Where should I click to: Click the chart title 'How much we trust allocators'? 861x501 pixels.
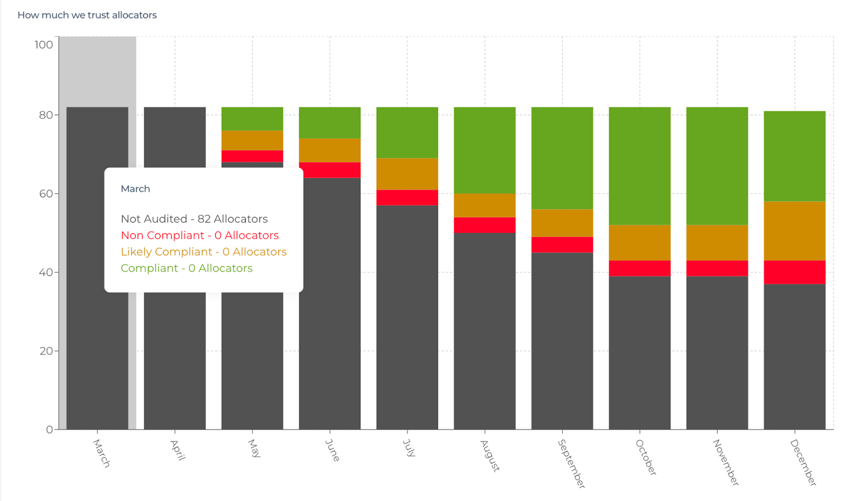click(x=87, y=15)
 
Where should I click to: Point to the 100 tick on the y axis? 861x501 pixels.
click(x=44, y=45)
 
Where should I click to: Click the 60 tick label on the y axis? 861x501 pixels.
click(x=46, y=193)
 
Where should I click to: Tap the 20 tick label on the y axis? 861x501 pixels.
click(x=46, y=351)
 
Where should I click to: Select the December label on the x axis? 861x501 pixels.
click(x=803, y=462)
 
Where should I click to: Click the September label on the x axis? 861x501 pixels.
click(x=571, y=463)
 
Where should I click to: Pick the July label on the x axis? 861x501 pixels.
click(x=410, y=448)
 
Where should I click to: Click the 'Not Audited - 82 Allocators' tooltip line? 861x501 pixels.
click(x=194, y=219)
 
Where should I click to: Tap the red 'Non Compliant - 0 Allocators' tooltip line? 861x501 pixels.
click(x=200, y=235)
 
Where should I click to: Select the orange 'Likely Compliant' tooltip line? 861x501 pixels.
click(x=203, y=252)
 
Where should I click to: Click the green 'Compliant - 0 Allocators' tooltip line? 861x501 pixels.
click(x=187, y=268)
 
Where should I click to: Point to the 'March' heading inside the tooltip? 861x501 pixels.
click(x=136, y=189)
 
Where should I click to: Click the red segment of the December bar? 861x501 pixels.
click(x=794, y=272)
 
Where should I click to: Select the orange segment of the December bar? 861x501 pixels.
click(x=794, y=231)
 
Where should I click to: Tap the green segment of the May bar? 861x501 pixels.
click(x=252, y=119)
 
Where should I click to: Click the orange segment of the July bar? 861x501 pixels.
click(x=407, y=173)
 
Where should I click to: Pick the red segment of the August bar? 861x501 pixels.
click(x=485, y=225)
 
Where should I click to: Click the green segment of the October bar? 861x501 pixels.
click(x=640, y=165)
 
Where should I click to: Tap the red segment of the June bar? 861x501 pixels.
click(x=330, y=170)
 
